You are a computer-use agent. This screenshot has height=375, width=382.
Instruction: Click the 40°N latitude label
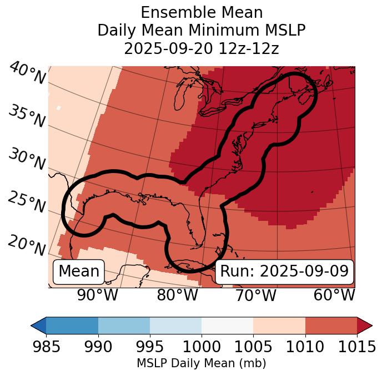[27, 73]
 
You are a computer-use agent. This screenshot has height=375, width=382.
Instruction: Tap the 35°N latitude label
[27, 116]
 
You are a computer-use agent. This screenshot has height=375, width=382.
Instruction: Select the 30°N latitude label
[27, 159]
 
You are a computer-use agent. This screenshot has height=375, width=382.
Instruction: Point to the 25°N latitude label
[27, 202]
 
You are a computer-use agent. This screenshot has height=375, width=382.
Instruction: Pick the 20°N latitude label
[27, 245]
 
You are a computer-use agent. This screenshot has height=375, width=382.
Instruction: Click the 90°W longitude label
[98, 295]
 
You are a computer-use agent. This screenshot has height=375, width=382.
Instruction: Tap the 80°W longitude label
[177, 295]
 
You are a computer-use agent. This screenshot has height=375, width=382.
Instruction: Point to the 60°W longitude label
[334, 295]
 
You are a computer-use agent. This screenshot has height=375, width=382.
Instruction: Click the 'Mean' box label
[79, 272]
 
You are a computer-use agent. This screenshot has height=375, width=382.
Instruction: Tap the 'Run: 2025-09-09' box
[284, 272]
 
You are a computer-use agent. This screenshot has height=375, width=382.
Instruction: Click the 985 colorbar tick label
[46, 347]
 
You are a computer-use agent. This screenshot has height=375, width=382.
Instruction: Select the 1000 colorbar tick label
[202, 347]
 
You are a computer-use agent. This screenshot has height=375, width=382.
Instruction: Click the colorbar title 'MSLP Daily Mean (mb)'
[201, 364]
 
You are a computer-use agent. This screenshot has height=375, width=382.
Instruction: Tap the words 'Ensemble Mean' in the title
[202, 12]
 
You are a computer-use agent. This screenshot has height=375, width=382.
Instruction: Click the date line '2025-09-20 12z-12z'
[202, 49]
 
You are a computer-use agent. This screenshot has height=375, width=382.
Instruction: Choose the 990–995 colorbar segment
[124, 325]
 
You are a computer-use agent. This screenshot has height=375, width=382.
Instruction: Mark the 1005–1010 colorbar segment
[279, 325]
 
